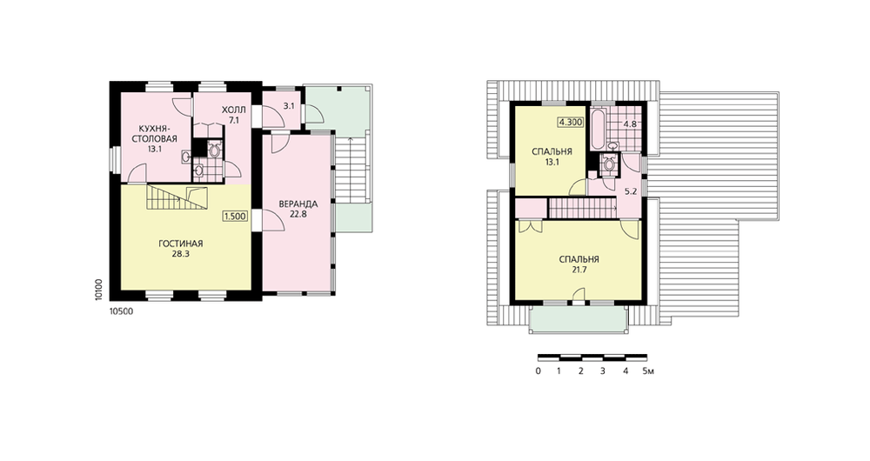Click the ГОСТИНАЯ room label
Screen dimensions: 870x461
[180, 243]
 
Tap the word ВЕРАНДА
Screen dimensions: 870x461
[298, 204]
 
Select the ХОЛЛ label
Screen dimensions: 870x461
[233, 110]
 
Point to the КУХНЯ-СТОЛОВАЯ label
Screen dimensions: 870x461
[154, 134]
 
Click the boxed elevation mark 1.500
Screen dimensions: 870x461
[235, 217]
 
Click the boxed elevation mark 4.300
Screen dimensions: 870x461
[571, 123]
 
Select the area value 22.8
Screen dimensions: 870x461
[298, 214]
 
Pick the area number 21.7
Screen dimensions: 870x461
[579, 270]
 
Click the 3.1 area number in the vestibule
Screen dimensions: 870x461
[289, 106]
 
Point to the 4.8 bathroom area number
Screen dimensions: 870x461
[630, 124]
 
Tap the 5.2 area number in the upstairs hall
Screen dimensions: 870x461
[631, 191]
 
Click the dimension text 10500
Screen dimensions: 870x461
[122, 311]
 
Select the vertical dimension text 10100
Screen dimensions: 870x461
[98, 290]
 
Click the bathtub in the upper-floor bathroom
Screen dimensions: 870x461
[598, 130]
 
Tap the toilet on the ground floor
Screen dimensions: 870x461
[214, 149]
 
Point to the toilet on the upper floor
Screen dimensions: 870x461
[609, 164]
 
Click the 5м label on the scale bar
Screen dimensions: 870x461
[648, 371]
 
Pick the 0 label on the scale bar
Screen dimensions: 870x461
[539, 371]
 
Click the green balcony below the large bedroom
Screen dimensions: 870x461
[579, 318]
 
